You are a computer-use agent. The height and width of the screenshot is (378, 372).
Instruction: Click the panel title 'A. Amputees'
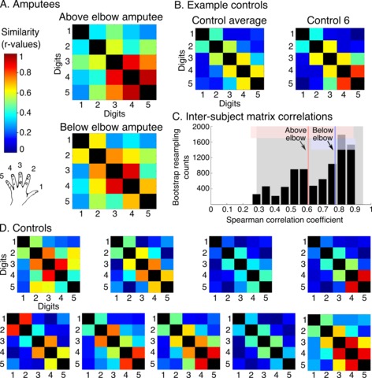(x=30, y=5)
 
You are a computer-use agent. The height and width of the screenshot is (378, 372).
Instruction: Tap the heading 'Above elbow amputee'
(x=111, y=17)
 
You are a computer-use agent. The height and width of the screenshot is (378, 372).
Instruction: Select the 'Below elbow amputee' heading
(x=111, y=128)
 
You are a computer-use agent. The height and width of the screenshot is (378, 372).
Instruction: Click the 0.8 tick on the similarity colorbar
(x=24, y=72)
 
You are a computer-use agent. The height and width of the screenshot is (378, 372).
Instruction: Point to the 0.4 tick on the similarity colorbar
(x=24, y=113)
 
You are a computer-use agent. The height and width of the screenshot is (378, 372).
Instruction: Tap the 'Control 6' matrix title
(x=328, y=20)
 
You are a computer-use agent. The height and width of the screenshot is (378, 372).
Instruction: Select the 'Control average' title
(x=229, y=20)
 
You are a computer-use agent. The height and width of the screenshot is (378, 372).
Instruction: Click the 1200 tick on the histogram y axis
(x=202, y=157)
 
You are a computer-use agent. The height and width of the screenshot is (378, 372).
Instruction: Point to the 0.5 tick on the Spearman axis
(x=291, y=209)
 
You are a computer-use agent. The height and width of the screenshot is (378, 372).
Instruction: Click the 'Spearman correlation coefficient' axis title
(x=285, y=220)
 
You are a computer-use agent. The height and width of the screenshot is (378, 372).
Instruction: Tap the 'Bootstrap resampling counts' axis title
(x=181, y=167)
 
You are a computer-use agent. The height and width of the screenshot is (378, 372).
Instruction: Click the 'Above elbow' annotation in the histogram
(x=296, y=134)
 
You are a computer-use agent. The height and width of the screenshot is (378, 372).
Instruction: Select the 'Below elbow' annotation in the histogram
(x=322, y=134)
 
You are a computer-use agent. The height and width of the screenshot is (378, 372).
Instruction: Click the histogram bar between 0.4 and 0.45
(x=275, y=200)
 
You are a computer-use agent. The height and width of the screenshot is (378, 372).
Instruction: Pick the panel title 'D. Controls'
(x=26, y=228)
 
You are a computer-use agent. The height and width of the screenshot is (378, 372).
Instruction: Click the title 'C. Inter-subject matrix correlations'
(x=252, y=117)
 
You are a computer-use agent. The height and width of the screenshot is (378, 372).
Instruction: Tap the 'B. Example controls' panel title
(x=221, y=5)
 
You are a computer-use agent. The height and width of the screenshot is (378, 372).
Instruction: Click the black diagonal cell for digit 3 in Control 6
(x=330, y=58)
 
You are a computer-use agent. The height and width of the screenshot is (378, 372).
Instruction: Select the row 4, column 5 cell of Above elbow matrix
(x=148, y=77)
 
